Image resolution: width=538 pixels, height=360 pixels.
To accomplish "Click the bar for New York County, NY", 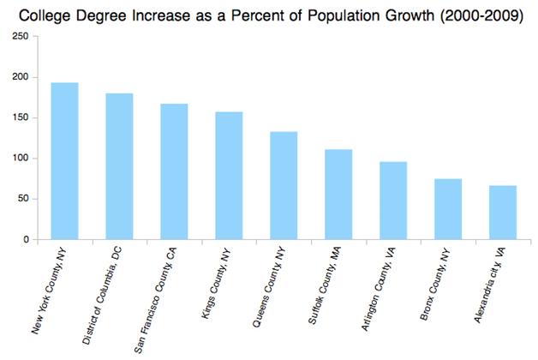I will (x=64, y=161).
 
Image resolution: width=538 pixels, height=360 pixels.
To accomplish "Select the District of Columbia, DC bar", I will (x=119, y=166).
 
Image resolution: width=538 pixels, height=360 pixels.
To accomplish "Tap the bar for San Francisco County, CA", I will (x=174, y=171).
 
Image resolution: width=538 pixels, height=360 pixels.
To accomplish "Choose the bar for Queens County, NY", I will (x=284, y=185).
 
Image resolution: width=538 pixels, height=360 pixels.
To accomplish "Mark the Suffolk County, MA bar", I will (x=338, y=195).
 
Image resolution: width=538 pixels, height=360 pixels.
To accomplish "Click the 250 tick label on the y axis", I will (x=21, y=36).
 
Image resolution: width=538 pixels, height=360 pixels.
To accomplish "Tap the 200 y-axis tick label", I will (x=21, y=77).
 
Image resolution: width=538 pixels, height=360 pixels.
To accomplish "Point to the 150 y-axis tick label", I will (x=21, y=117).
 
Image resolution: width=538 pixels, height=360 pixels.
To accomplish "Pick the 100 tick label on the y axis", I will (x=21, y=159).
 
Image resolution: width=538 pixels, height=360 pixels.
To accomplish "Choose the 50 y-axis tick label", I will (x=23, y=199).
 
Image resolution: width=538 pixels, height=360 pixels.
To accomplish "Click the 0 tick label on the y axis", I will (x=27, y=240).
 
